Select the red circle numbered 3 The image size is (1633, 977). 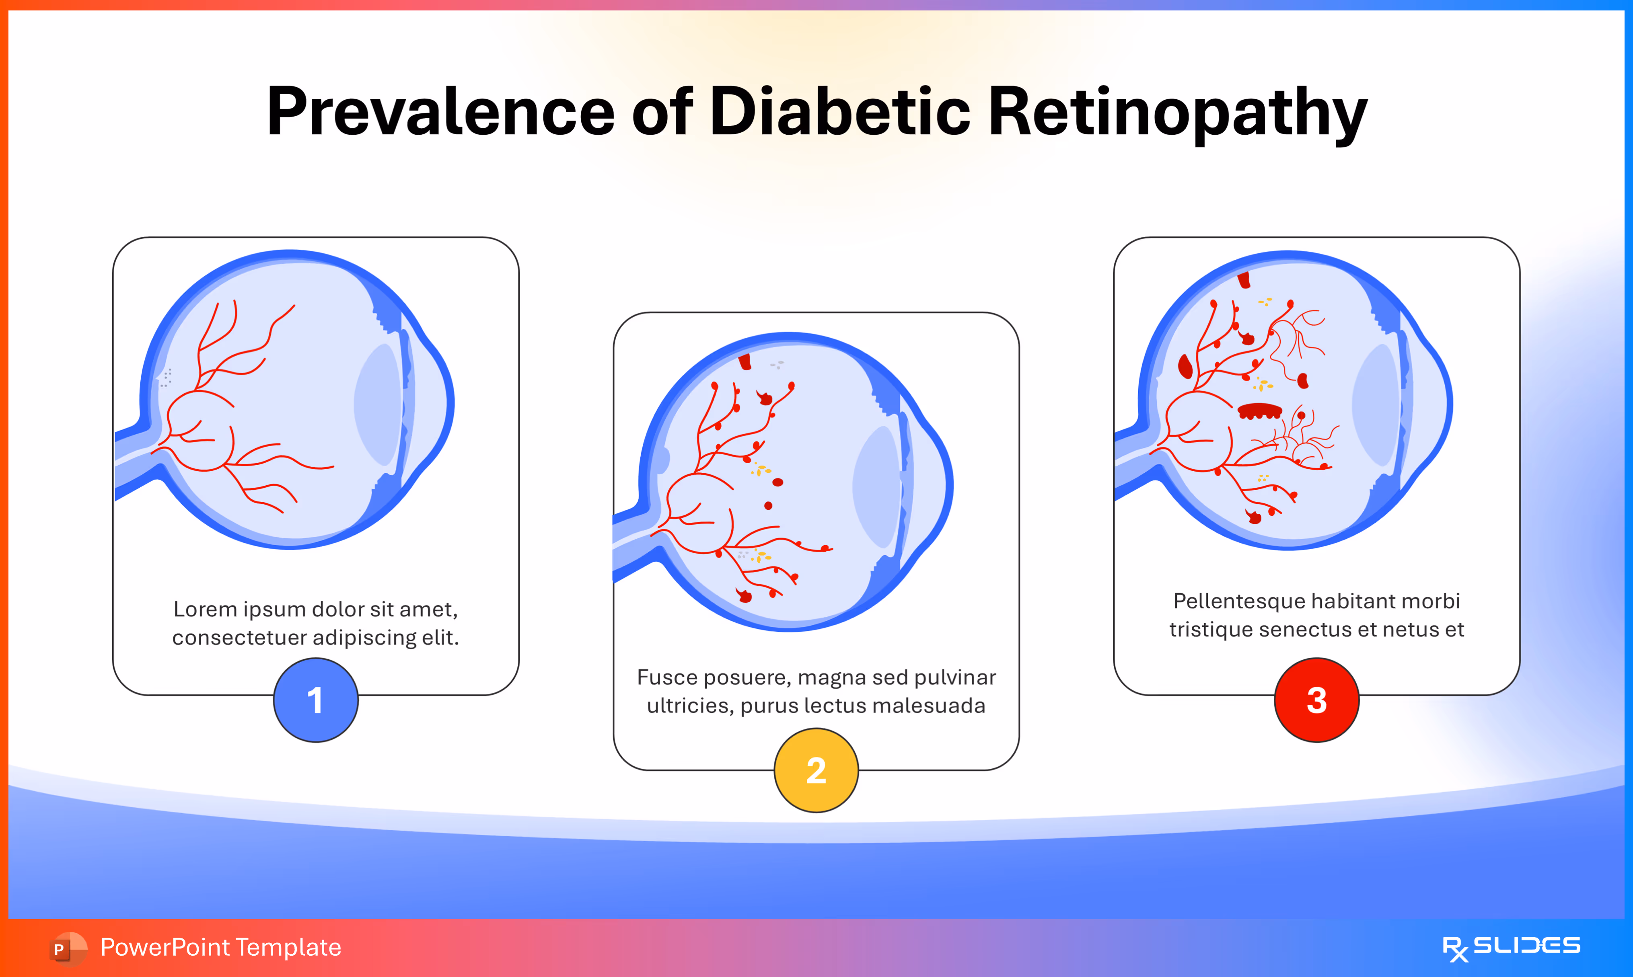pyautogui.click(x=1316, y=700)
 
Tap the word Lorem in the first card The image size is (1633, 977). pyautogui.click(x=205, y=610)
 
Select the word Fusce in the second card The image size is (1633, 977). pyautogui.click(x=666, y=677)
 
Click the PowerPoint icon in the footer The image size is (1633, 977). pyautogui.click(x=67, y=948)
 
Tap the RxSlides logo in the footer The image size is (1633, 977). pyautogui.click(x=1511, y=948)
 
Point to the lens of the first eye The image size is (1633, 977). pyautogui.click(x=378, y=405)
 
